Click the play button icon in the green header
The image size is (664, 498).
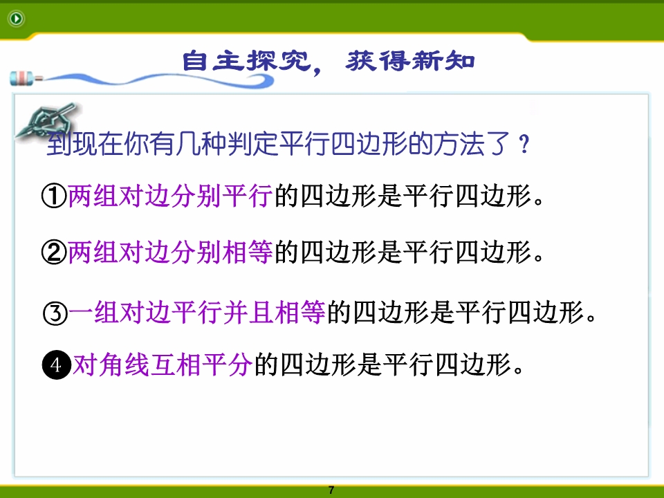point(16,18)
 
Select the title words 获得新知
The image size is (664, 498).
point(410,61)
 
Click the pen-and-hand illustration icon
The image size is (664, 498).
point(46,120)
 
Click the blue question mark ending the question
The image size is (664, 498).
point(524,145)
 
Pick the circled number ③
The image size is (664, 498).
point(55,313)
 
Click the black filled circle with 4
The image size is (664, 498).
point(56,365)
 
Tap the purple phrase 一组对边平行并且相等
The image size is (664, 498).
point(197,313)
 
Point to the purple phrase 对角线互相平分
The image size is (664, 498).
point(163,365)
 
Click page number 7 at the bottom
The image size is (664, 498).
point(331,490)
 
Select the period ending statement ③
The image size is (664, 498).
point(591,318)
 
